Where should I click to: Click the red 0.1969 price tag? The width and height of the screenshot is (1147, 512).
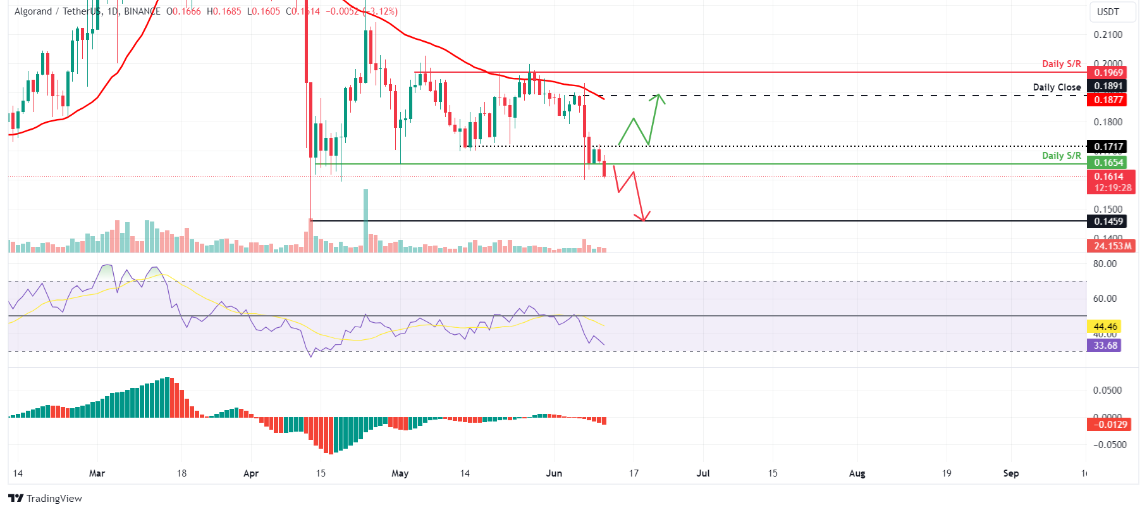[x=1108, y=73]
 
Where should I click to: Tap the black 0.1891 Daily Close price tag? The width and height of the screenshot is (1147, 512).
[x=1108, y=86]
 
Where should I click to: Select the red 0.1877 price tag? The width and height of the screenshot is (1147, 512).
[x=1108, y=99]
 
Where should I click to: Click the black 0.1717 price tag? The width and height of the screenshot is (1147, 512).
[x=1108, y=147]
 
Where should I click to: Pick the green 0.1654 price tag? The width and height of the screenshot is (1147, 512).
[x=1108, y=163]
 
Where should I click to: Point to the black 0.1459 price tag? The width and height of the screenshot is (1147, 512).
[x=1108, y=222]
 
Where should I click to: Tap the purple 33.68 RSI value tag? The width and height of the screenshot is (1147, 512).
[x=1105, y=346]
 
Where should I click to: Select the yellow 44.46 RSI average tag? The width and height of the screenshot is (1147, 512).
[x=1105, y=327]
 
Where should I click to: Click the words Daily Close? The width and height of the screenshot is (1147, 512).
[x=1057, y=87]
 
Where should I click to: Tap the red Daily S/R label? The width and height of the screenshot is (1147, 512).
[x=1061, y=64]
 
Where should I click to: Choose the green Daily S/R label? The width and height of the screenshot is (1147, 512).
[x=1061, y=156]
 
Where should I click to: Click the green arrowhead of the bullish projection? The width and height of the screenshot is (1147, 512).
[x=659, y=96]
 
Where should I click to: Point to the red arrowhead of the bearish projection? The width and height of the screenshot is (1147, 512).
[x=644, y=218]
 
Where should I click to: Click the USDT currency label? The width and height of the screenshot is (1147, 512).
[x=1108, y=12]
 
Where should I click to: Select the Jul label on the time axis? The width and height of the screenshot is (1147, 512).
[x=703, y=473]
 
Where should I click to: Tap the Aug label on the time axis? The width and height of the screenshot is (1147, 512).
[x=857, y=473]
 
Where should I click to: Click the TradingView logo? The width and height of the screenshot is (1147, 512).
[x=45, y=499]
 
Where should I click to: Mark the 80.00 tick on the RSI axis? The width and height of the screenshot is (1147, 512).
[x=1105, y=264]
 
